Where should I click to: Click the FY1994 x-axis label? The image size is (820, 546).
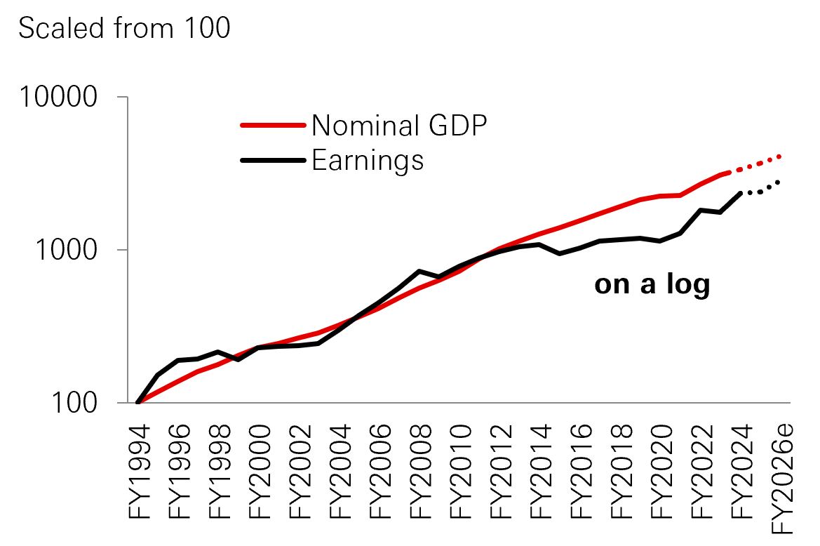[x=137, y=470]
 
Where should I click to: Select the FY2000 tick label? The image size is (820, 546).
[x=258, y=470]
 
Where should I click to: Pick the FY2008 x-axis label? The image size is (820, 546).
[x=419, y=470]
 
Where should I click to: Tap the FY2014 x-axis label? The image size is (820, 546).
[x=539, y=470]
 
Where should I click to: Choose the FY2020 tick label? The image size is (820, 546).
[x=660, y=470]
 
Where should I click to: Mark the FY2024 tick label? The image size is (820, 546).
[x=741, y=470]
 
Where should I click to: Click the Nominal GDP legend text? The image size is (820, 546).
[x=399, y=126]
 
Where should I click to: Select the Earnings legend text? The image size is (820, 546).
[x=368, y=160]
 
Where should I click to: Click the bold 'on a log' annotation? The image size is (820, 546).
[x=652, y=284]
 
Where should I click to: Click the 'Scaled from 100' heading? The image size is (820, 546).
[x=124, y=29]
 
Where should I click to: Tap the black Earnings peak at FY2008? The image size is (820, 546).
[x=419, y=271]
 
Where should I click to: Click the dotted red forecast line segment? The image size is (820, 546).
[x=756, y=164]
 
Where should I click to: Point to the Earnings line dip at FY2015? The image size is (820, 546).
[x=559, y=253]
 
